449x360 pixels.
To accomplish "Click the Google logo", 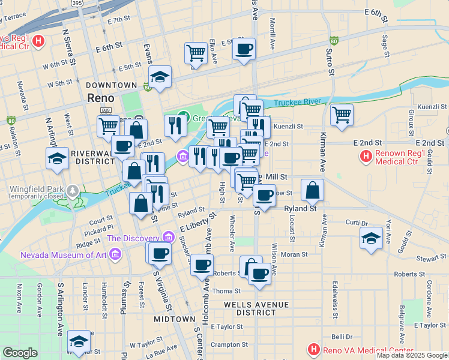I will pyautogui.click(x=20, y=353).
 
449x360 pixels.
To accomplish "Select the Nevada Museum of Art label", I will pyautogui.click(x=63, y=254).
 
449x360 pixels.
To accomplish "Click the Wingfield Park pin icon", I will pyautogui.click(x=73, y=190).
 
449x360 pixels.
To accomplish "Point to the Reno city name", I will pyautogui.click(x=100, y=98).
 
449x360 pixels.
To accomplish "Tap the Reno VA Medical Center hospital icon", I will pyautogui.click(x=313, y=349).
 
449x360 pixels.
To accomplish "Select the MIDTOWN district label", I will pyautogui.click(x=174, y=319).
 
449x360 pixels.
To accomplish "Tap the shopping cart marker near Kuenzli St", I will pyautogui.click(x=342, y=113).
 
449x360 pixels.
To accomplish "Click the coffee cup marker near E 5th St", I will pyautogui.click(x=244, y=49).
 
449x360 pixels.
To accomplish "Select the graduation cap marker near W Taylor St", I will pyautogui.click(x=79, y=341).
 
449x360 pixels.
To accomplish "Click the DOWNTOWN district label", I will pyautogui.click(x=111, y=86).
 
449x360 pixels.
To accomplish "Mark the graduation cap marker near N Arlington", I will pyautogui.click(x=57, y=158).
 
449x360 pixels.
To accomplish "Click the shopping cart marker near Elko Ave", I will pyautogui.click(x=196, y=53).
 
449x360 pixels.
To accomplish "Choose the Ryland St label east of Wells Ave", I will pyautogui.click(x=300, y=208).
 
